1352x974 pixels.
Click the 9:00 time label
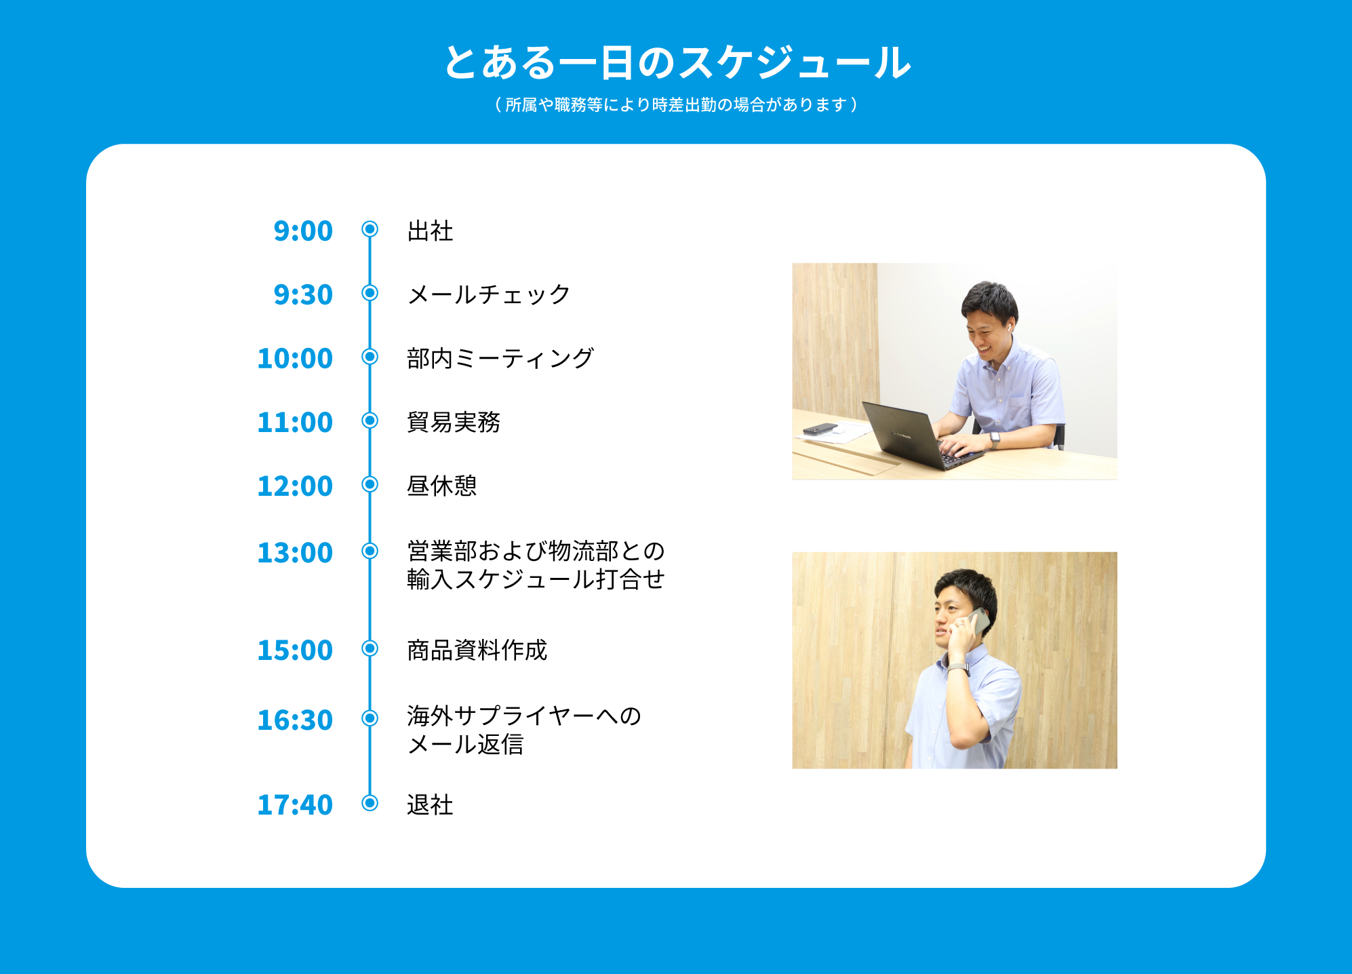[x=303, y=231]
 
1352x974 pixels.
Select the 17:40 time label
[x=295, y=804]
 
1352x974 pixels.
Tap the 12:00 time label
[x=295, y=486]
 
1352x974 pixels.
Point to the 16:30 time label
[x=295, y=720]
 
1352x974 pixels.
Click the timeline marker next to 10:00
[x=370, y=357]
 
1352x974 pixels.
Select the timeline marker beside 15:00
[x=370, y=648]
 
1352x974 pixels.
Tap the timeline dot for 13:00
[x=370, y=551]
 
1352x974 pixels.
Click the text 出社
[x=430, y=231]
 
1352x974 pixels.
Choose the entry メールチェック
[x=489, y=294]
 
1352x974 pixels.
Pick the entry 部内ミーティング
[x=500, y=358]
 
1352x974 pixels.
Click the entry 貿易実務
[x=454, y=422]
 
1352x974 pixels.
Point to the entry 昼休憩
[x=442, y=486]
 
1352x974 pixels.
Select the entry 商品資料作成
[x=477, y=650]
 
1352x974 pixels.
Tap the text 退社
[x=430, y=804]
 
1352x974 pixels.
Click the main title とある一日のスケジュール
[x=677, y=62]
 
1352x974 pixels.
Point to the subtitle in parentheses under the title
[x=677, y=104]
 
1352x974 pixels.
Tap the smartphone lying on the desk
[x=820, y=429]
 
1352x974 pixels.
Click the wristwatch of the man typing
[x=995, y=440]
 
